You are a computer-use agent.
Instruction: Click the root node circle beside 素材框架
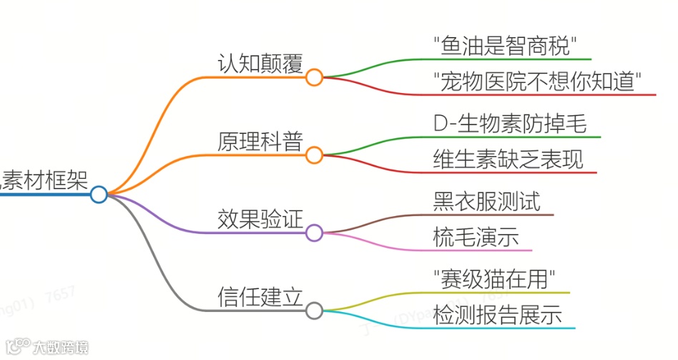point(99,194)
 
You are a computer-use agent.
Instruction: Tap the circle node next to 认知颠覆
point(314,77)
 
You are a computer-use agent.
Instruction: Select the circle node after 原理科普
point(314,155)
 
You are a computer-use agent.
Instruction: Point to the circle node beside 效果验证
point(314,233)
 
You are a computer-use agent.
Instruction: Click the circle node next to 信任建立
point(314,311)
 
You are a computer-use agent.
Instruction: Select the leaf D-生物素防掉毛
point(510,123)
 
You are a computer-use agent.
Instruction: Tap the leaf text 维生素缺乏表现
point(508,159)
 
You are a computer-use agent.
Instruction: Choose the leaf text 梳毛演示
point(476,236)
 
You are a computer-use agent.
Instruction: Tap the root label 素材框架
point(44,179)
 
